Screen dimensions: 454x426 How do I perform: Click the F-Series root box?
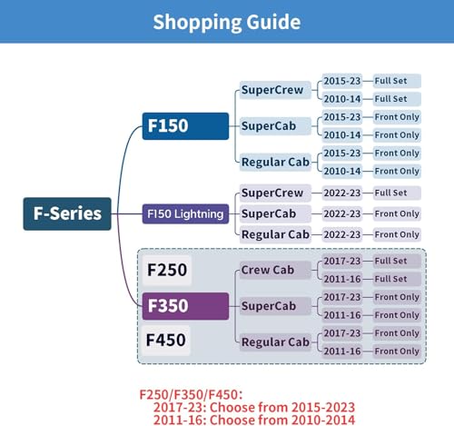coord(67,213)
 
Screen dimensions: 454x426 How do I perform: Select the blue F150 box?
coord(185,126)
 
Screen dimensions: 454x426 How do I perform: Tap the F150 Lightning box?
coord(185,214)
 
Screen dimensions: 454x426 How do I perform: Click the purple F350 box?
coord(185,306)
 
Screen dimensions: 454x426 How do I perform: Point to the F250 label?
coord(167,270)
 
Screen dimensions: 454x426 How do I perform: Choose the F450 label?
coord(166,340)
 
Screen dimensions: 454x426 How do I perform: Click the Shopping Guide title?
coord(227,22)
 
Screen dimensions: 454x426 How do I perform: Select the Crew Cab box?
coord(275,270)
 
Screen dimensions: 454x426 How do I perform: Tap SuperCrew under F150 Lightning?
coord(275,193)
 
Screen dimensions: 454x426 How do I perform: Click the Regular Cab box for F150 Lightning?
coord(275,234)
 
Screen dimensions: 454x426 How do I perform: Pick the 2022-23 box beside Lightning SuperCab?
coord(342,213)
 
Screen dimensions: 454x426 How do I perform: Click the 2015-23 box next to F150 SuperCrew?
coord(342,81)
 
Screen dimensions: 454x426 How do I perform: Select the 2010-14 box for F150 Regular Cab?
coord(342,171)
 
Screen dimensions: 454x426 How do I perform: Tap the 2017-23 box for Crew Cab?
coord(342,261)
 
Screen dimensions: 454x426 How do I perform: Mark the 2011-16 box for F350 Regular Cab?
coord(342,352)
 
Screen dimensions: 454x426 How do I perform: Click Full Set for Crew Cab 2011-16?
coord(397,279)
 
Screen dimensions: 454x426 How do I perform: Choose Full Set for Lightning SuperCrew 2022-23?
coord(397,193)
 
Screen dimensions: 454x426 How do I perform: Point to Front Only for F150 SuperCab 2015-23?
coord(397,117)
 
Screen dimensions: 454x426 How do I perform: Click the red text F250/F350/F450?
coord(191,395)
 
